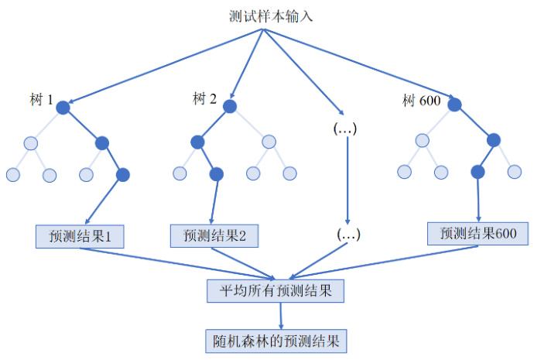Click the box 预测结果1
[80, 235]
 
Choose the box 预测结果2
[214, 235]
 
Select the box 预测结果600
[478, 234]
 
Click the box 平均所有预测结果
[276, 290]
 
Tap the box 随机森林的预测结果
[276, 339]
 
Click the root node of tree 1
[63, 108]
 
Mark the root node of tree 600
[456, 105]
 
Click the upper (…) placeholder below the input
[344, 129]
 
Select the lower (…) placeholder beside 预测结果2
[348, 233]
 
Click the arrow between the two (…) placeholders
[347, 181]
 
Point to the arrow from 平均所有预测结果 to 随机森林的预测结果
[280, 314]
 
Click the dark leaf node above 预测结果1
[122, 174]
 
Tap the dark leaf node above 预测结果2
[216, 174]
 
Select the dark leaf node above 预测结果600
[478, 171]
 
